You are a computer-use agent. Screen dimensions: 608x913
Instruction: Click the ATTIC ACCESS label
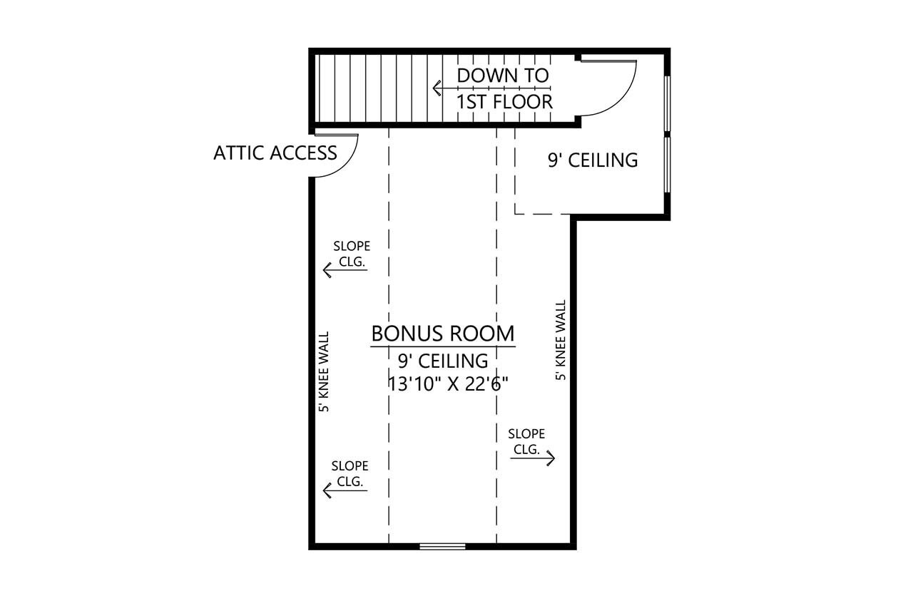coord(275,153)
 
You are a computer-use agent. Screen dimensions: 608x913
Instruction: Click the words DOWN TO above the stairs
coord(503,75)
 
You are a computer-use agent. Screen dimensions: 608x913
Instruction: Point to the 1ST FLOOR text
coord(504,102)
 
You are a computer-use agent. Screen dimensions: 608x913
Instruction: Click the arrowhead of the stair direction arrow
coord(437,88)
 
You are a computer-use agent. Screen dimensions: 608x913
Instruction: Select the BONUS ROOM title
coord(442,333)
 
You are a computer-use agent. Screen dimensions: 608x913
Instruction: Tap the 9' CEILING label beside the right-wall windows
coord(592,160)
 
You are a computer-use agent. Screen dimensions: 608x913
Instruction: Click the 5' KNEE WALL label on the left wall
coord(324,371)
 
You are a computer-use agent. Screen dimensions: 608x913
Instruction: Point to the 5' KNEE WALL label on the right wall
coord(561,339)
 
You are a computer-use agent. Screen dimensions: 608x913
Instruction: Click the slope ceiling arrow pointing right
coord(534,458)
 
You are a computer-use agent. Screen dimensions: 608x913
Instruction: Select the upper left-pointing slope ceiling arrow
coord(345,270)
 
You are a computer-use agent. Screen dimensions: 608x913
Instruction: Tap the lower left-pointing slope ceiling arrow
coord(345,490)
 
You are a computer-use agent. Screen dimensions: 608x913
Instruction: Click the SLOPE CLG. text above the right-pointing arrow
coord(526,441)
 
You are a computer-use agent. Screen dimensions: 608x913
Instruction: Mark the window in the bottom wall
coord(442,546)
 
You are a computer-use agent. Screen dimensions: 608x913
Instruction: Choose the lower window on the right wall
coord(667,164)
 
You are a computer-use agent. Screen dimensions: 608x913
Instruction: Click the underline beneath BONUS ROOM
coord(442,347)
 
